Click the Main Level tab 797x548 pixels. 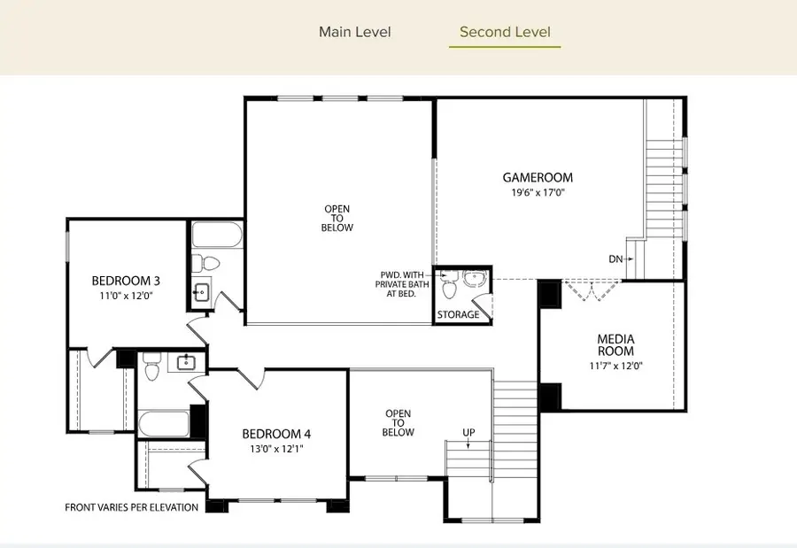pos(354,33)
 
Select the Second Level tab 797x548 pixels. pos(505,33)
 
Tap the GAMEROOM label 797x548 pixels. pos(538,177)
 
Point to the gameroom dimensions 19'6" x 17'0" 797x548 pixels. pos(538,191)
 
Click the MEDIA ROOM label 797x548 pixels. pos(615,345)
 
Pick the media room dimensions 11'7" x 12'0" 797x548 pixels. pos(615,365)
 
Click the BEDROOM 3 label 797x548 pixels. pos(126,282)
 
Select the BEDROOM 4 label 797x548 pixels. pos(276,434)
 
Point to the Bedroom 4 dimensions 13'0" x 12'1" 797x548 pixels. pos(276,448)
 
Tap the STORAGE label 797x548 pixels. pos(459,314)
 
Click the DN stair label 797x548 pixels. pos(615,259)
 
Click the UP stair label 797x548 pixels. pos(468,432)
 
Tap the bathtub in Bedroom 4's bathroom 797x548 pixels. pos(163,422)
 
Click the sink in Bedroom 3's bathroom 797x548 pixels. pos(201,289)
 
